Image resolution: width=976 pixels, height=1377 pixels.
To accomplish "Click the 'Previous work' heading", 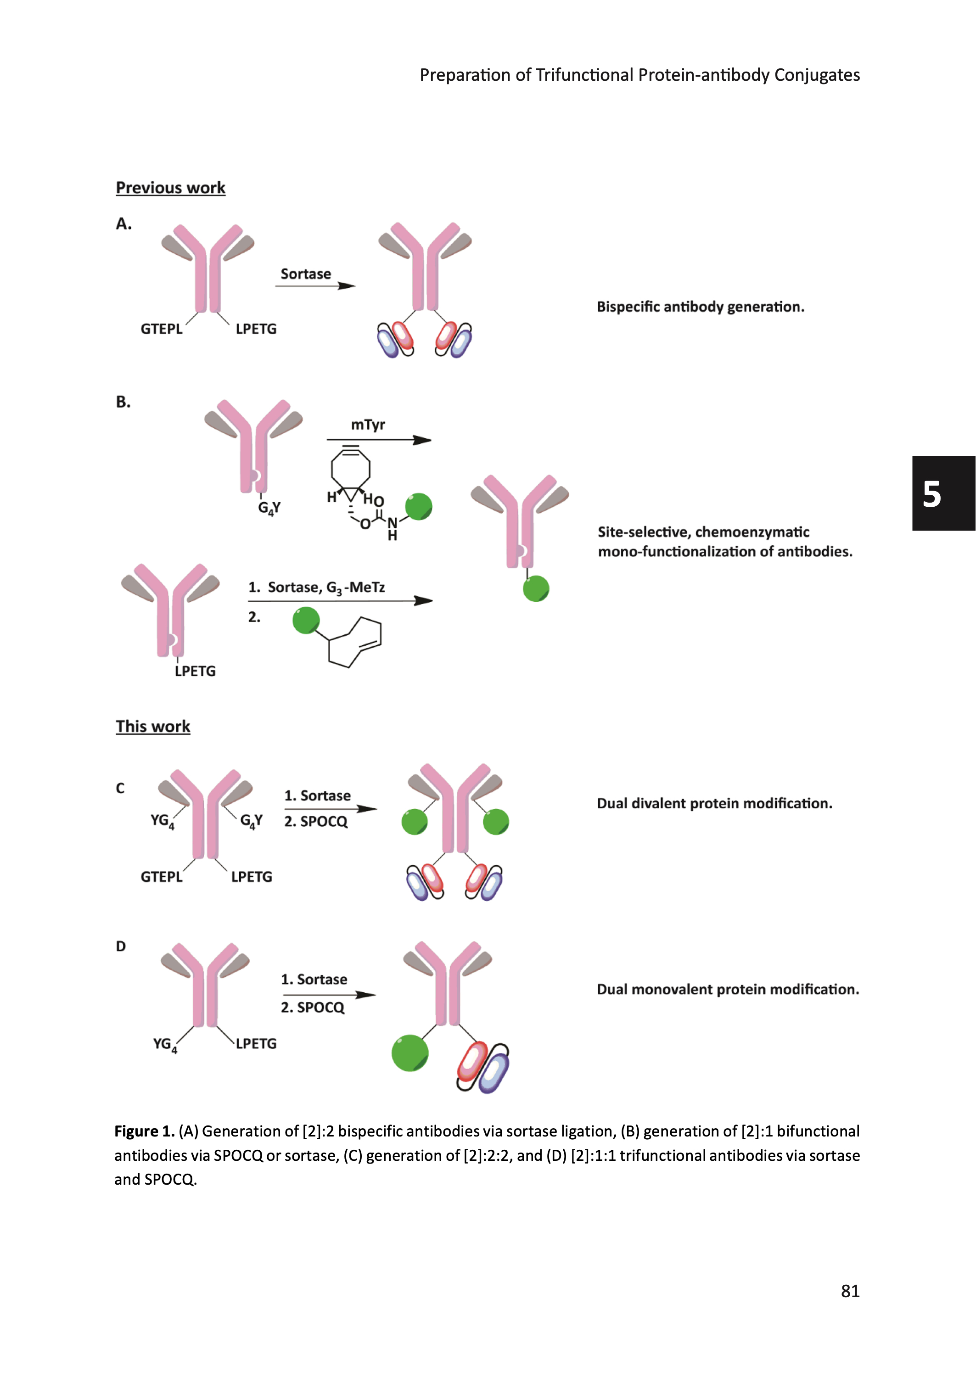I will point(171,188).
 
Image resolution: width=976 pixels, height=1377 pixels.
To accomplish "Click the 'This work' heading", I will point(153,726).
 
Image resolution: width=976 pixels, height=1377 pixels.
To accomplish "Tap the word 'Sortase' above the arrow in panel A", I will point(306,274).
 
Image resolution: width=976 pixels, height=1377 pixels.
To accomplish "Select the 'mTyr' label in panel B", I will point(368,425).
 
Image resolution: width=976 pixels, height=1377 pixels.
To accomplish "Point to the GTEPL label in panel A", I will point(162,329).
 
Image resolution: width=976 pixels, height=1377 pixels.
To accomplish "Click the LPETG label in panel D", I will point(256,1044).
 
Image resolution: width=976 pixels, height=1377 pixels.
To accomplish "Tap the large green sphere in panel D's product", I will point(410,1053).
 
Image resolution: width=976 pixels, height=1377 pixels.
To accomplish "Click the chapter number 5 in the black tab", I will point(931,494).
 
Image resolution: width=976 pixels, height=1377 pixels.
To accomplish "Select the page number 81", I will point(850,1291).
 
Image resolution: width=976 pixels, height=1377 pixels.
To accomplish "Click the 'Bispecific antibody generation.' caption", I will point(700,307).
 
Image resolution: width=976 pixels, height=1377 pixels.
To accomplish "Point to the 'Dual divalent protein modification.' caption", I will point(714,804).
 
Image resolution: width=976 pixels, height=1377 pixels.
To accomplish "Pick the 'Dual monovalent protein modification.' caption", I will point(727,990).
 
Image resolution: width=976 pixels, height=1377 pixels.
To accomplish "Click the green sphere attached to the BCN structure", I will point(418,506).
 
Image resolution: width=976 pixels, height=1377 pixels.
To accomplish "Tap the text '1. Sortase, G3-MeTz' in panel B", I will point(317,588).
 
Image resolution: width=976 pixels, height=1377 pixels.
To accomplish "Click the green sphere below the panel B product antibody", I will point(535,589).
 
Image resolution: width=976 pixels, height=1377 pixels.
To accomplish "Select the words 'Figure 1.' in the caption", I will point(144,1132).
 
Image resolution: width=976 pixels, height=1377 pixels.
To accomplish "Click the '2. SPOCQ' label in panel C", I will point(315,822).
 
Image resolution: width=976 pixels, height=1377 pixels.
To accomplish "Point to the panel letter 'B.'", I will point(123,402).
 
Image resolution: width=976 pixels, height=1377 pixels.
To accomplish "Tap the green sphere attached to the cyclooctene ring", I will point(306,620).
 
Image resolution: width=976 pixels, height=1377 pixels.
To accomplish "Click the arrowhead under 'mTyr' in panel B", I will point(422,440).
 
